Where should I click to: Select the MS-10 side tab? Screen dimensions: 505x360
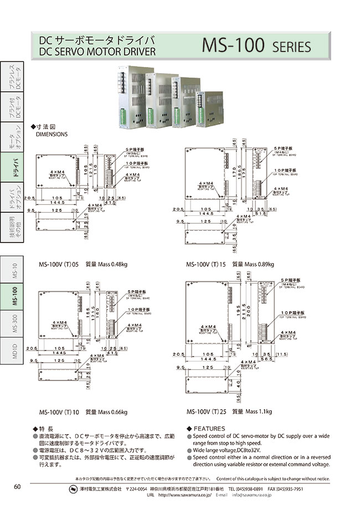click(16, 270)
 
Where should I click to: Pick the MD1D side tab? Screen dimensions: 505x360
click(16, 351)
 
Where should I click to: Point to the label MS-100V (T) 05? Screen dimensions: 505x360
click(59, 264)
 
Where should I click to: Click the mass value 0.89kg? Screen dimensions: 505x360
click(264, 264)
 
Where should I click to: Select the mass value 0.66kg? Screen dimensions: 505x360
click(117, 412)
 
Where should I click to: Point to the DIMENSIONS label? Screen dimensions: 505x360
click(52, 134)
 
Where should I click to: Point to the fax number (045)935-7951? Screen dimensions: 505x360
click(286, 489)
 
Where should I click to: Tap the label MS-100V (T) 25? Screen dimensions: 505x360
click(208, 412)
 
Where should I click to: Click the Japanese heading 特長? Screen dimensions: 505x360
click(46, 429)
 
